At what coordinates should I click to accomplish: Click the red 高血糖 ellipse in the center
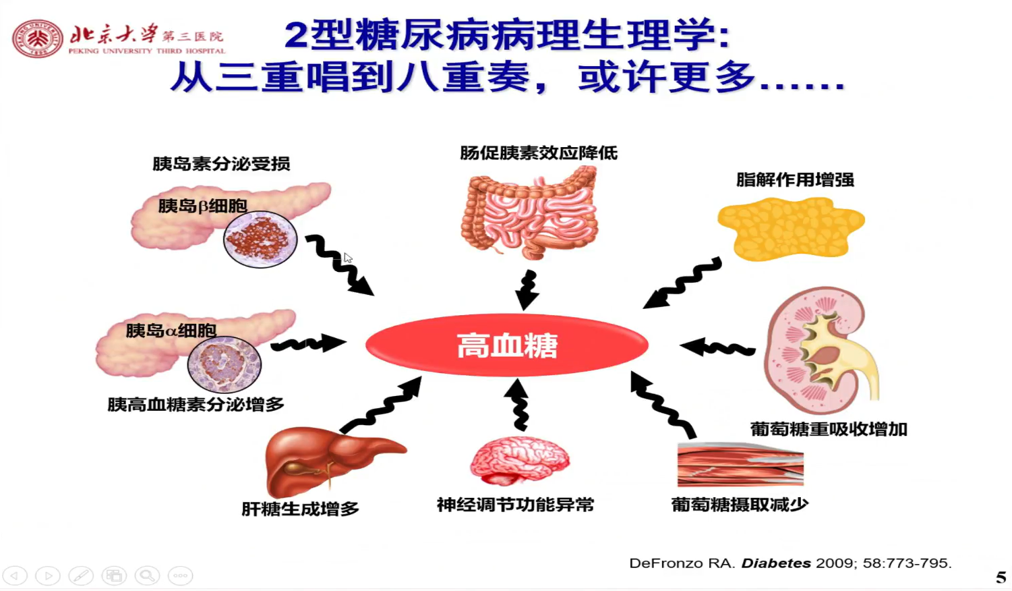[x=506, y=345]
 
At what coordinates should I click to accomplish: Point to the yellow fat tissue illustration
[x=790, y=228]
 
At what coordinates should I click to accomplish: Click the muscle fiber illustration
[x=740, y=464]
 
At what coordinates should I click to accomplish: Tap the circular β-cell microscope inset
[x=260, y=239]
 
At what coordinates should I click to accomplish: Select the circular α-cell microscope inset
[x=224, y=364]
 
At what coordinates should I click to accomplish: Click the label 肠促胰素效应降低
[x=538, y=153]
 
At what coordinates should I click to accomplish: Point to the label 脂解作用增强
[x=795, y=180]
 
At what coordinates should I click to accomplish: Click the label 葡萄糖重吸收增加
[x=829, y=429]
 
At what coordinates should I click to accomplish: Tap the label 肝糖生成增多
[x=300, y=509]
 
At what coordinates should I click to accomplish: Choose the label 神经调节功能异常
[x=515, y=505]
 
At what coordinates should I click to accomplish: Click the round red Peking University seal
[x=38, y=38]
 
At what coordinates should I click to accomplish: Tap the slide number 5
[x=1001, y=578]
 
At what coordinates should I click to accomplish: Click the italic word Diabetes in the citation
[x=775, y=563]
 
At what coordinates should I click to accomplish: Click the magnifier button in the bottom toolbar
[x=147, y=575]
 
